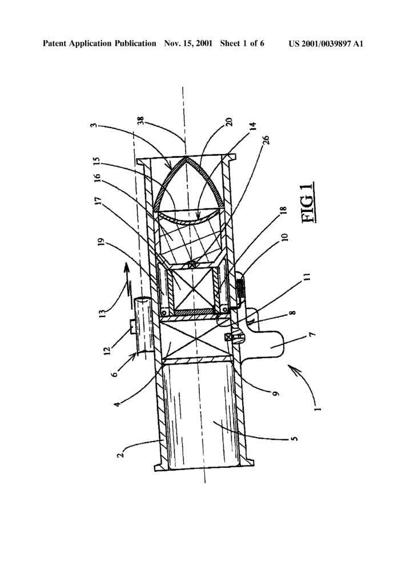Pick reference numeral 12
[x=107, y=350]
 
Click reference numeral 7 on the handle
[x=312, y=334]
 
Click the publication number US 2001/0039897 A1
[x=325, y=43]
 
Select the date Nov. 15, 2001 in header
[x=188, y=43]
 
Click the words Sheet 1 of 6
[x=242, y=43]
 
